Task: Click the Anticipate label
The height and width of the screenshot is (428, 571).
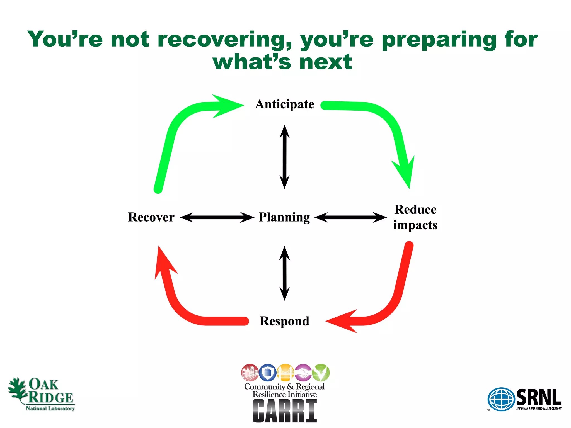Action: (285, 104)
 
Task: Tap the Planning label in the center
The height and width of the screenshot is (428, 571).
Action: (284, 217)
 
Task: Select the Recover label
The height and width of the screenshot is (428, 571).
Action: (151, 217)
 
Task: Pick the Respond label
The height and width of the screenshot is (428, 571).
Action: (284, 321)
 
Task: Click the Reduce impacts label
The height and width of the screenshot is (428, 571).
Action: (415, 217)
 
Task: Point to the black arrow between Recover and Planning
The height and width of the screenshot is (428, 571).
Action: (217, 217)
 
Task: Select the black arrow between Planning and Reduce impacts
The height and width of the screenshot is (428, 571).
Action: (351, 217)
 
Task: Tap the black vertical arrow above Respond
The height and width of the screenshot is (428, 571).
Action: (285, 273)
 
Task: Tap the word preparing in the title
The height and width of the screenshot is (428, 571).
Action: (439, 40)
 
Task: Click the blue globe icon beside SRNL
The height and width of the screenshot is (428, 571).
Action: (501, 399)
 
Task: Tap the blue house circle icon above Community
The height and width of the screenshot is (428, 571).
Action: (268, 373)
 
